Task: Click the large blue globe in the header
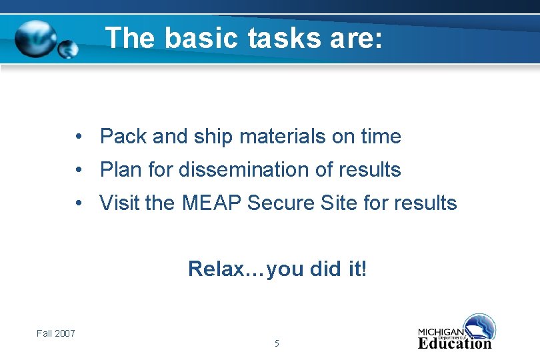[x=36, y=39]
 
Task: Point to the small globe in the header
[x=68, y=49]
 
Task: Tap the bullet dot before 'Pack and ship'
[x=79, y=137]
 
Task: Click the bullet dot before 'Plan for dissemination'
[x=79, y=171]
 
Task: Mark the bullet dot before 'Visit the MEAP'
[x=79, y=203]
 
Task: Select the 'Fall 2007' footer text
[x=56, y=333]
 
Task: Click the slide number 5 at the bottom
[x=277, y=344]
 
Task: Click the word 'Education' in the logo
[x=455, y=344]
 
